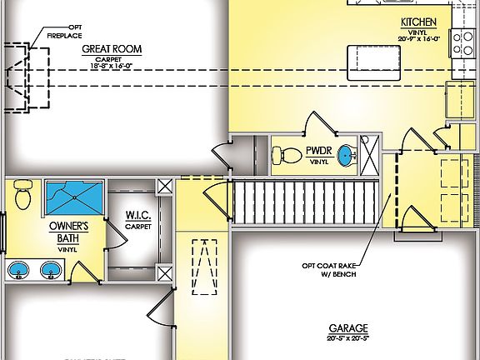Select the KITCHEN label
(x=418, y=22)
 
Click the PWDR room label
(x=319, y=151)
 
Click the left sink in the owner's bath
(x=21, y=269)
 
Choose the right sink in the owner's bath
(x=52, y=269)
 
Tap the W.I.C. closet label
(x=137, y=217)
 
